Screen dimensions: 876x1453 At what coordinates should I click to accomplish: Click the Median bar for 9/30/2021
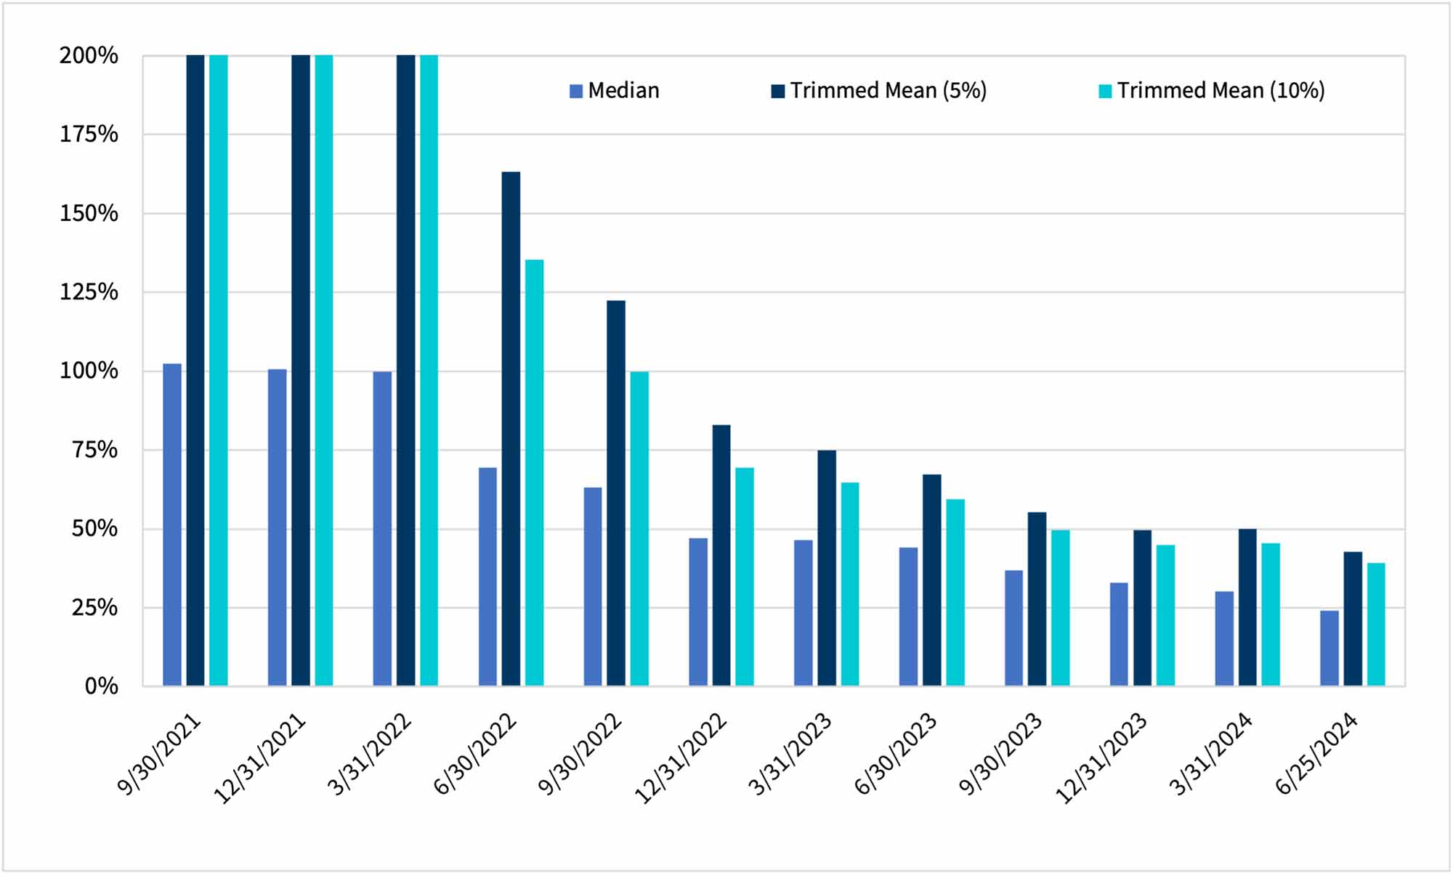tap(172, 524)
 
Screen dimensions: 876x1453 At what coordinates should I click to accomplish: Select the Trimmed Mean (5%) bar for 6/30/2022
tap(511, 429)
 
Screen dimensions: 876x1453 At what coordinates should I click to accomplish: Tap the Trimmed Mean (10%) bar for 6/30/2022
tap(534, 473)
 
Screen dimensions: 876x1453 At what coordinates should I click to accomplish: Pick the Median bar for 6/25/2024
tap(1329, 648)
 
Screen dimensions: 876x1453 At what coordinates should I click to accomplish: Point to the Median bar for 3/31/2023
tap(804, 613)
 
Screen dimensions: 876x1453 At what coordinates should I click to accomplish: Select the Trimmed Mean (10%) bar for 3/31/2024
tap(1271, 614)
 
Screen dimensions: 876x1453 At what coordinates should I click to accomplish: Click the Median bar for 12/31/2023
tap(1119, 634)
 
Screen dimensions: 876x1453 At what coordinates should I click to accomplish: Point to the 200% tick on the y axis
tap(89, 56)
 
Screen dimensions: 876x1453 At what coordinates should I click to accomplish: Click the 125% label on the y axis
tap(89, 292)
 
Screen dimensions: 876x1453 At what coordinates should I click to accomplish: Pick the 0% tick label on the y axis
tap(101, 686)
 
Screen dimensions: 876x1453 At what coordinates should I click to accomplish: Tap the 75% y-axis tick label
tap(94, 450)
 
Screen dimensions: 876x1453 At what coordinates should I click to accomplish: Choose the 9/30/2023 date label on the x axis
tap(1001, 754)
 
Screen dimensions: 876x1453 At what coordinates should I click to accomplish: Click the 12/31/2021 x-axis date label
tap(259, 759)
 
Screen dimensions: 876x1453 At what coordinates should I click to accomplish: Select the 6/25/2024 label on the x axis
tap(1316, 754)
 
